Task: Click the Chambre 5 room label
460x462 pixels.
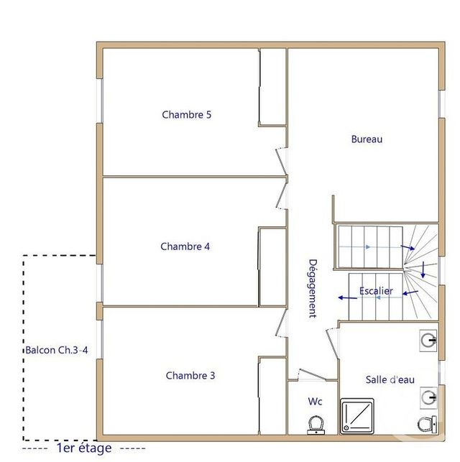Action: point(186,114)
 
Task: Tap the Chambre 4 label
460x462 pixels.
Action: point(185,246)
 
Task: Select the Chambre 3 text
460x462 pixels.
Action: point(190,375)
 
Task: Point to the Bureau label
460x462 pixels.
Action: point(367,139)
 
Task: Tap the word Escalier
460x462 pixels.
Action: point(376,291)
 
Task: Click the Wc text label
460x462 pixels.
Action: point(315,401)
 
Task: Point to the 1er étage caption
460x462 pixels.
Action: point(84,448)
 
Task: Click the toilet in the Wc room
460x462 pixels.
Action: point(315,425)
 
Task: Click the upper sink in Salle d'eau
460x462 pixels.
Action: point(429,339)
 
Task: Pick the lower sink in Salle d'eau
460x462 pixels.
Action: point(429,395)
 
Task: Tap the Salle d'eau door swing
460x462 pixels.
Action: point(331,345)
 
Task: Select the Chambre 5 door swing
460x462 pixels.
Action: point(280,162)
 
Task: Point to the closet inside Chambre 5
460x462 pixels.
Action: point(272,86)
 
